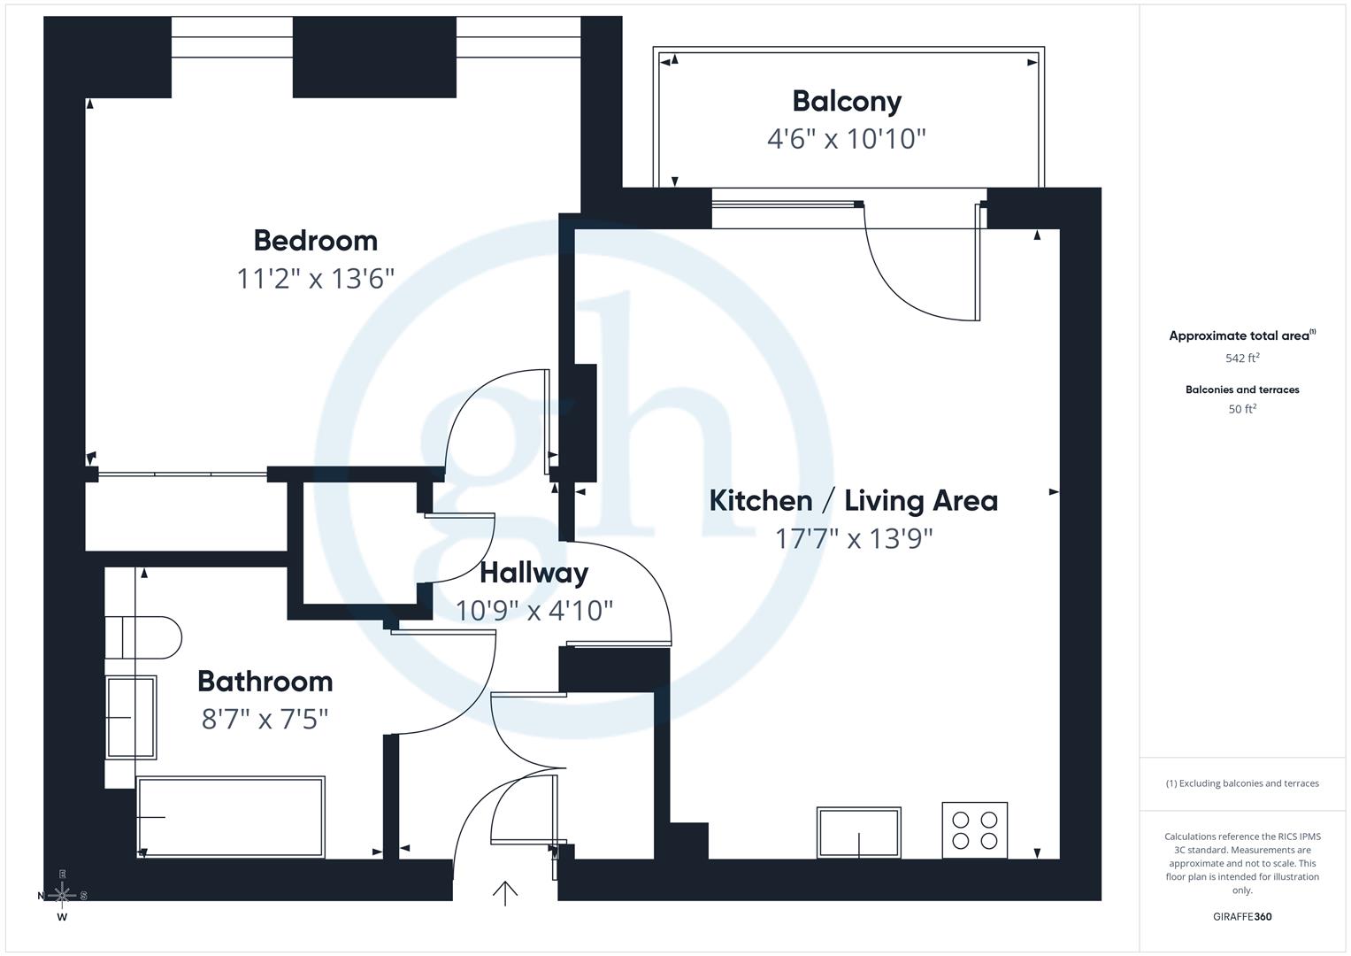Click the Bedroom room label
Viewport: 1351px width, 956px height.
tap(315, 240)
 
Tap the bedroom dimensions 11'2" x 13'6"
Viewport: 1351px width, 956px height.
tap(315, 279)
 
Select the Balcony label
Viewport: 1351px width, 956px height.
tap(847, 101)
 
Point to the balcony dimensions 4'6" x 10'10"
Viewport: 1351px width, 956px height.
tap(847, 139)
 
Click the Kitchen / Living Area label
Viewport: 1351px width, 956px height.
tap(853, 500)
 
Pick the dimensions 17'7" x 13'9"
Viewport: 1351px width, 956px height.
tap(854, 538)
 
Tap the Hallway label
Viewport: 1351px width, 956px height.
tap(533, 573)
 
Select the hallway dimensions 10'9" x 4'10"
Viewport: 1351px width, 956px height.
tap(533, 611)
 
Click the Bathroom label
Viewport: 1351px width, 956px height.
tap(265, 681)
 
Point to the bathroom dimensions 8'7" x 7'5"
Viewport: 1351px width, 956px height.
tap(265, 719)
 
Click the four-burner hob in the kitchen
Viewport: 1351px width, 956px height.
tap(974, 830)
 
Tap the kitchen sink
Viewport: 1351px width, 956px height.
tap(858, 832)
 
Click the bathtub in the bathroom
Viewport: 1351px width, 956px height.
tap(230, 817)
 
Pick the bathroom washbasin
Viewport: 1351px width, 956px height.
tap(131, 717)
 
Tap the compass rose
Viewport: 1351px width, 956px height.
tap(62, 895)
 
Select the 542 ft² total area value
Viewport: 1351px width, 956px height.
tap(1242, 358)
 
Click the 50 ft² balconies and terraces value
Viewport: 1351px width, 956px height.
tap(1242, 409)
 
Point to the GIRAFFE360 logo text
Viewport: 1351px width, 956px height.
tap(1242, 916)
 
